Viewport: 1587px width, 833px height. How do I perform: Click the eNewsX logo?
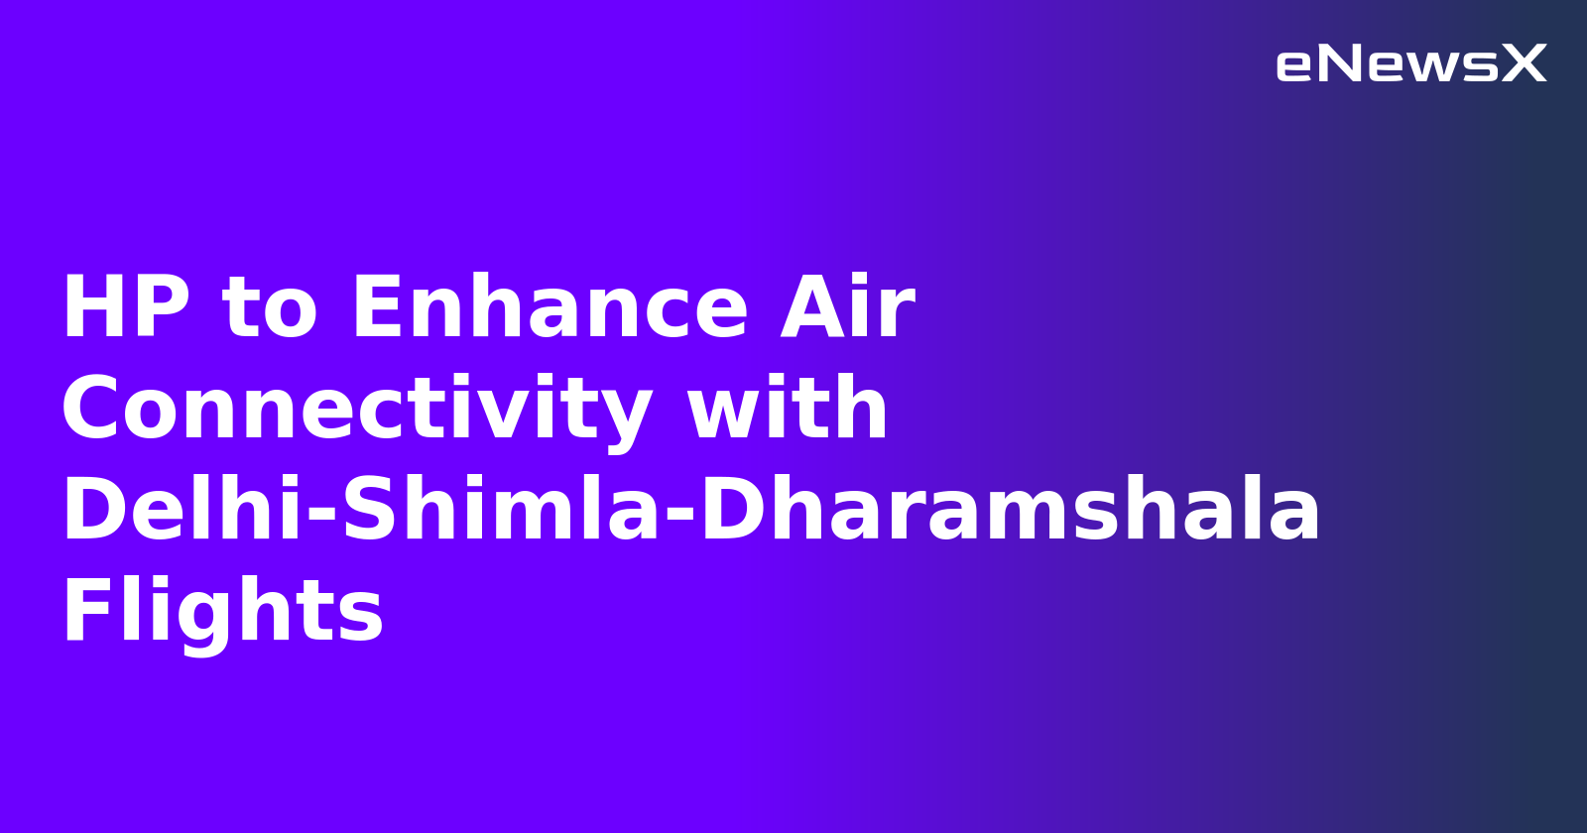(1410, 64)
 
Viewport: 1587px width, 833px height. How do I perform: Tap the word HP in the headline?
(126, 308)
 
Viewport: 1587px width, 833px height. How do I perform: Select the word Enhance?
(549, 308)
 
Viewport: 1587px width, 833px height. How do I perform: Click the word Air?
(847, 308)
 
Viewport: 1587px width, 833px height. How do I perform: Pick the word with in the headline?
(789, 410)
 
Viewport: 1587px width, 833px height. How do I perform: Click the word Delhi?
(182, 511)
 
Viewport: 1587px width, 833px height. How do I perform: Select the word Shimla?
(501, 511)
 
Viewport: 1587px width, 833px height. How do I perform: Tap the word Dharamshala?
(1010, 511)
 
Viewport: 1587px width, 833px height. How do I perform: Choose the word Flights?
(223, 612)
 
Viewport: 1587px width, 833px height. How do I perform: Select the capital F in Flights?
(83, 612)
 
